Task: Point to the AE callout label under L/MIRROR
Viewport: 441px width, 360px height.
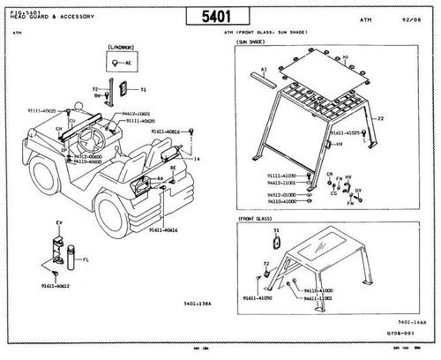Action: pyautogui.click(x=129, y=64)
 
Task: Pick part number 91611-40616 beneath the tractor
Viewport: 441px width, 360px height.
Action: pyautogui.click(x=164, y=230)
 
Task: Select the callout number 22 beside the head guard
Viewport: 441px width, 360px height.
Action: pyautogui.click(x=380, y=117)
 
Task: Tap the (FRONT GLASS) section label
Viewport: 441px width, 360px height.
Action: pyautogui.click(x=254, y=217)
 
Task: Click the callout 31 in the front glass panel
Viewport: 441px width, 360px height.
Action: pyautogui.click(x=276, y=230)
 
